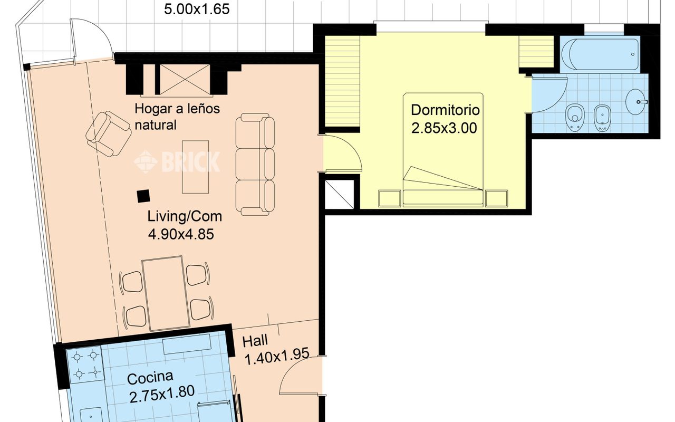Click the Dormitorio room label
[445, 110]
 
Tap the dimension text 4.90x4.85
[181, 234]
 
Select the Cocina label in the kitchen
[150, 378]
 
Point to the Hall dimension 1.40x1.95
[277, 357]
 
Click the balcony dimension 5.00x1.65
[197, 9]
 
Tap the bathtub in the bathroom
[604, 54]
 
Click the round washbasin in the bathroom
[636, 102]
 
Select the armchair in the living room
[109, 134]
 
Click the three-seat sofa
[255, 164]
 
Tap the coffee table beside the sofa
[195, 167]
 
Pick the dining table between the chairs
[166, 293]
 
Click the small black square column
[143, 196]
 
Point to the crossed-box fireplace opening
[185, 79]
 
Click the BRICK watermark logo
[177, 162]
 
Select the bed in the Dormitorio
[443, 150]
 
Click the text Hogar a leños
[177, 109]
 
